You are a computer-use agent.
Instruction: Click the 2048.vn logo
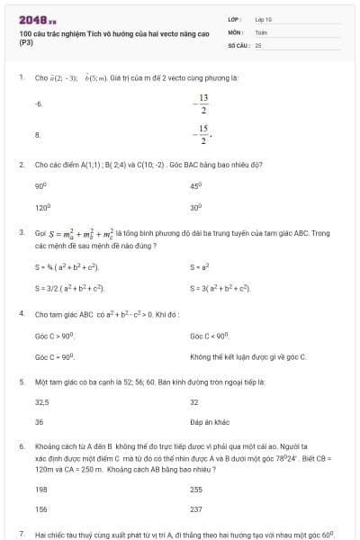click(37, 19)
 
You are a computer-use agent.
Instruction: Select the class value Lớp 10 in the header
click(263, 18)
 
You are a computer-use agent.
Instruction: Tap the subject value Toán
click(261, 31)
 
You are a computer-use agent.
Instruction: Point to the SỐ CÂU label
click(237, 44)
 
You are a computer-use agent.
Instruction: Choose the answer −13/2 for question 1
click(203, 103)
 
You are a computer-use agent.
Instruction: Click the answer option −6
click(39, 104)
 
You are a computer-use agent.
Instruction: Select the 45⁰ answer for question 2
click(195, 185)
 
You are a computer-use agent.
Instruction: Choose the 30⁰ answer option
click(195, 207)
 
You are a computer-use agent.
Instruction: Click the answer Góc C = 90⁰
click(53, 357)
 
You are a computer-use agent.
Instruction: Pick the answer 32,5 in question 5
click(41, 402)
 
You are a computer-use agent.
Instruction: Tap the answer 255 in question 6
click(196, 490)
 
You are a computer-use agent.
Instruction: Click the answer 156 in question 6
click(40, 508)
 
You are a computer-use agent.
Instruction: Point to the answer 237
click(196, 508)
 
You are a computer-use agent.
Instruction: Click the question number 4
click(21, 314)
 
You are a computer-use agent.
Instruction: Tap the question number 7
click(21, 534)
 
